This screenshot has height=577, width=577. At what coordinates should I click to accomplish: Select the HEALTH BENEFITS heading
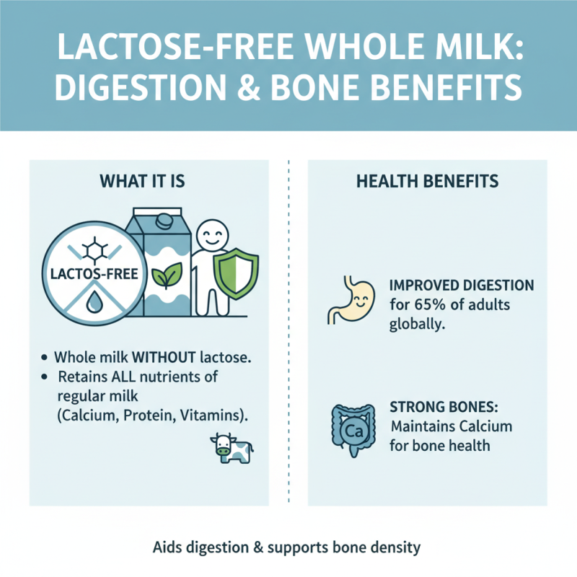[x=427, y=180]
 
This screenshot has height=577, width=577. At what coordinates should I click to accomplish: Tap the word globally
[x=416, y=324]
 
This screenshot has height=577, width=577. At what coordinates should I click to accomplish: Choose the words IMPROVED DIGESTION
[x=462, y=286]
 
